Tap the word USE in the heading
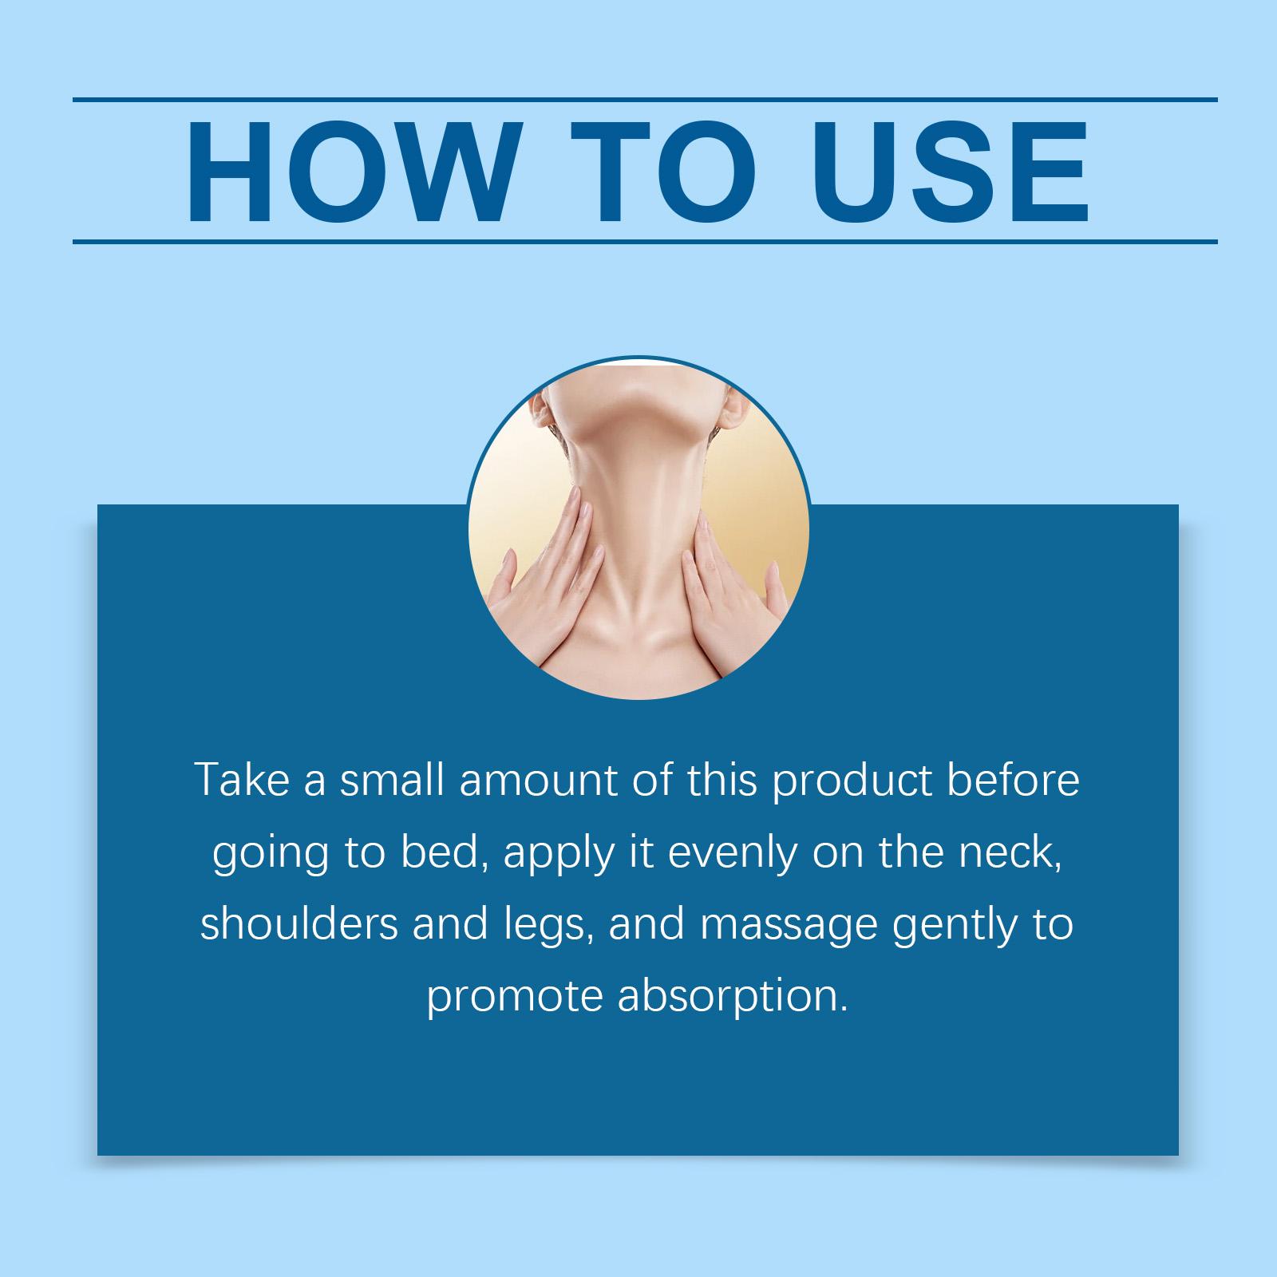pyautogui.click(x=949, y=172)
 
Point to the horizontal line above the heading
pyautogui.click(x=645, y=100)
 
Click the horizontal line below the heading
pyautogui.click(x=645, y=241)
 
